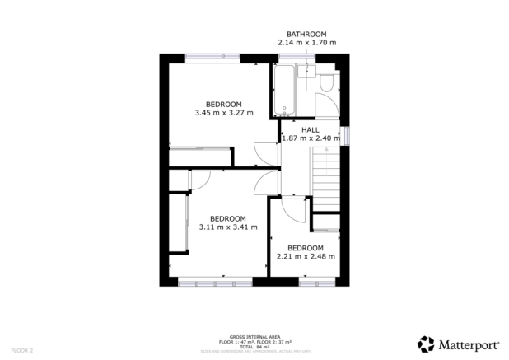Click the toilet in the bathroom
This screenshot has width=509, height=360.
(328, 82)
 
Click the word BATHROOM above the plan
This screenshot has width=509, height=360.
(306, 34)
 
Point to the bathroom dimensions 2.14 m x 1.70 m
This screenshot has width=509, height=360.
(306, 43)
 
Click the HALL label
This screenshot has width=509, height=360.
(310, 130)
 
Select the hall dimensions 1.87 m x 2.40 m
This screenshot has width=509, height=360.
(311, 138)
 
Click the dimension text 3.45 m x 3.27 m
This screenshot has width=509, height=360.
(223, 113)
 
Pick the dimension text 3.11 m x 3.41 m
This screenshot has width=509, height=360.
(228, 227)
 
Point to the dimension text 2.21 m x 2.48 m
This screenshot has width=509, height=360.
(305, 255)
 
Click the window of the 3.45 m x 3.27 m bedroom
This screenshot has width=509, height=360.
(212, 57)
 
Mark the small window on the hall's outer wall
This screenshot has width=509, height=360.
(347, 136)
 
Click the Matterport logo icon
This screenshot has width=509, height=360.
(425, 343)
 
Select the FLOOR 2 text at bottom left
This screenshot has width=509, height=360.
(22, 350)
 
